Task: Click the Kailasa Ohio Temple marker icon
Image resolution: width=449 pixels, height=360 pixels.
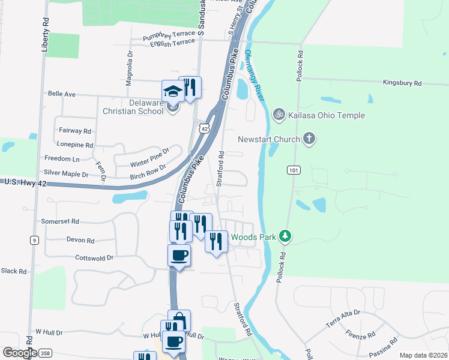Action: click(279, 113)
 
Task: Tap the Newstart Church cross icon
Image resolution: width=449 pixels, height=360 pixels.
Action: click(309, 140)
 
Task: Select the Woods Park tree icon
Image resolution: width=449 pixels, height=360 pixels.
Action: click(286, 237)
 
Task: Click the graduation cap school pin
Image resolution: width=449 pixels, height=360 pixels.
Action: click(172, 91)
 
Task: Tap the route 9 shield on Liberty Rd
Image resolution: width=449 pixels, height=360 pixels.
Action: click(35, 240)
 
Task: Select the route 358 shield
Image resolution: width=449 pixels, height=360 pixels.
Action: click(45, 353)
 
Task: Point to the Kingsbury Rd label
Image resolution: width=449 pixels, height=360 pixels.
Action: click(402, 83)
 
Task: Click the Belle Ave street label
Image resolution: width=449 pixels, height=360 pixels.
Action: click(61, 94)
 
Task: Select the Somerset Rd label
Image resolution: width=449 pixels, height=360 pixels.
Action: click(60, 221)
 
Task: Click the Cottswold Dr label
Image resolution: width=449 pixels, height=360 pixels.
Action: click(94, 258)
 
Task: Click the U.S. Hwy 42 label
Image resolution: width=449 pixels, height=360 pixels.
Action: click(22, 181)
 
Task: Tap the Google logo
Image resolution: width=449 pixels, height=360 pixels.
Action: click(19, 352)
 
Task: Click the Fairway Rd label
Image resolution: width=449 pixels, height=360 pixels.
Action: click(75, 130)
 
